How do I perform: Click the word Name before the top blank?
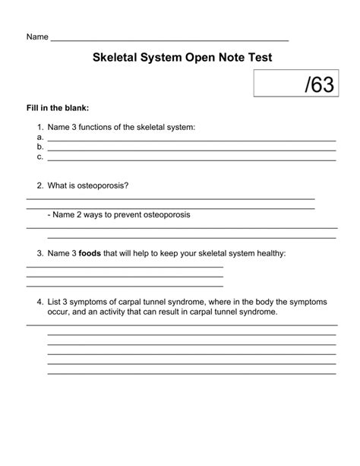(x=37, y=36)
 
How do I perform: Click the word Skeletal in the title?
(x=118, y=58)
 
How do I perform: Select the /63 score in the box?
(x=318, y=84)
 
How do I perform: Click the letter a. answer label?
(x=39, y=138)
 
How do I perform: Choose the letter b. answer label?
(x=39, y=147)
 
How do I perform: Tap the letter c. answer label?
(x=39, y=157)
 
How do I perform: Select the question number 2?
(x=39, y=185)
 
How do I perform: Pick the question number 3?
(x=39, y=253)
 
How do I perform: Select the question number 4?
(x=39, y=302)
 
